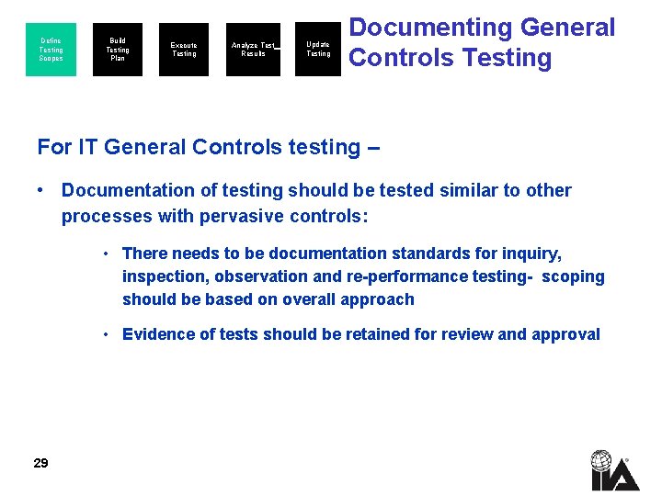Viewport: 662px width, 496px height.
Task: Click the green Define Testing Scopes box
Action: click(x=51, y=50)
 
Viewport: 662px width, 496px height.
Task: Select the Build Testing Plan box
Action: click(x=118, y=50)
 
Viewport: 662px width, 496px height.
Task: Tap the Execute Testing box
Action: click(x=184, y=50)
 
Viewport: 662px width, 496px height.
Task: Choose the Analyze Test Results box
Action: click(x=253, y=50)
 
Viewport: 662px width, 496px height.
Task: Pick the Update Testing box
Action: click(x=318, y=50)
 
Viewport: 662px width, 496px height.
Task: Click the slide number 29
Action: click(x=40, y=463)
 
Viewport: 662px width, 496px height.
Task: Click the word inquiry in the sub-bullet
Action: click(x=528, y=254)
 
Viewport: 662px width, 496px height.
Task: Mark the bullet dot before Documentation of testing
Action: click(x=41, y=190)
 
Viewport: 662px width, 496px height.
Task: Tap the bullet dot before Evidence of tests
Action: click(x=108, y=334)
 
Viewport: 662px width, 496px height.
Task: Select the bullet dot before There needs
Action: click(x=108, y=254)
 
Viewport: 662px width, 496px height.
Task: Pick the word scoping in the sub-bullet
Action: click(x=574, y=276)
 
